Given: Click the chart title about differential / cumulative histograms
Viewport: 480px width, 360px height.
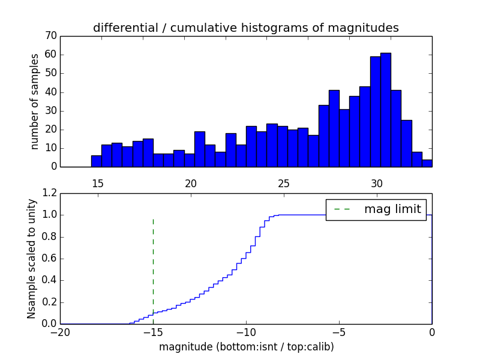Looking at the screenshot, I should [245, 28].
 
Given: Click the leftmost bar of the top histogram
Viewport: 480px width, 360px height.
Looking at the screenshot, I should [96, 161].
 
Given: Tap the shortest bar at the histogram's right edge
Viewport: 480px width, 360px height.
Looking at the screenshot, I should [427, 163].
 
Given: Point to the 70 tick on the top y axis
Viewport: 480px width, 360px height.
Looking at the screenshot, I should [50, 36].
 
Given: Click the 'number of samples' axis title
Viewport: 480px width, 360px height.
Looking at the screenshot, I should [35, 101].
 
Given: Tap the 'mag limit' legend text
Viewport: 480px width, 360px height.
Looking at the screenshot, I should [392, 209].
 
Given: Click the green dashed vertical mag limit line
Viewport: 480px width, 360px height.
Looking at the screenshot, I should [153, 264].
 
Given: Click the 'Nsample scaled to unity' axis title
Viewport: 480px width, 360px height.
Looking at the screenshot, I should [32, 258].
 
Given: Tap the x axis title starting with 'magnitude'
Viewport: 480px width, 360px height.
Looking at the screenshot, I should [246, 347].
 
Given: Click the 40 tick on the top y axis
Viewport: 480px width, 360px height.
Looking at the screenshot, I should [50, 92].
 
